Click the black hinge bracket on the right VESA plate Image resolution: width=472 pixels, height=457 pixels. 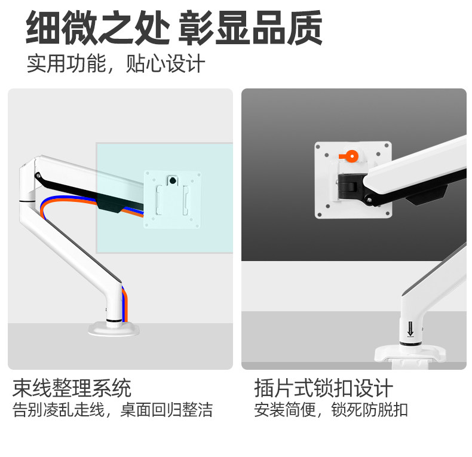(350, 185)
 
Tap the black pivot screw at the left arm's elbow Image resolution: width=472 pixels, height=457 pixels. (39, 175)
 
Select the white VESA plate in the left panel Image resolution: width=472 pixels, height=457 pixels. (173, 198)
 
